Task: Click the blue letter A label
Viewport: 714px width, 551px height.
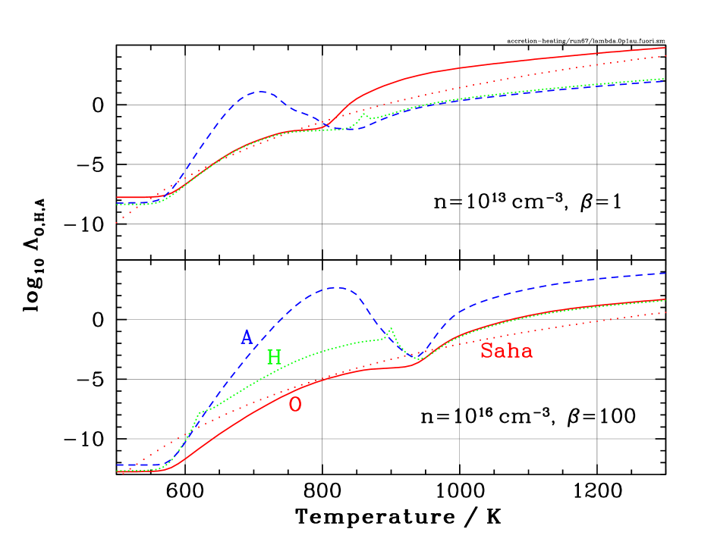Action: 247,337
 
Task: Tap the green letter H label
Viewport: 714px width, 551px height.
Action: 274,358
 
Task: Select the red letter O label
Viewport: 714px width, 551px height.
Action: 295,405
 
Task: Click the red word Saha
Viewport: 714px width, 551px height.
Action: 506,351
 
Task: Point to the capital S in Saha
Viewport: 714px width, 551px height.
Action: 487,351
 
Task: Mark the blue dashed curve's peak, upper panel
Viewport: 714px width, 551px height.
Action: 259,92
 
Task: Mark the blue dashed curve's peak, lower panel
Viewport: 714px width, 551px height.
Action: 336,288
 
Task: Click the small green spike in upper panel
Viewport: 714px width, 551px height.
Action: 363,115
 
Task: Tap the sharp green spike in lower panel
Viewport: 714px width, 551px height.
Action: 390,329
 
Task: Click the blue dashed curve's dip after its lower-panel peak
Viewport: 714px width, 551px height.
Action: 418,356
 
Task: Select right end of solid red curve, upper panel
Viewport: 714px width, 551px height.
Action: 665,48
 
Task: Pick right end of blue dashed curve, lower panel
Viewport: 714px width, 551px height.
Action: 665,273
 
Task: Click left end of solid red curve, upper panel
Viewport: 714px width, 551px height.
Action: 118,197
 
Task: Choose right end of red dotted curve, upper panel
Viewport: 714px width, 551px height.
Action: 665,56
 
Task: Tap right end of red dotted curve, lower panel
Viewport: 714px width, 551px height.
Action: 665,312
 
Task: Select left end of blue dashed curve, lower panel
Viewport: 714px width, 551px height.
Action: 118,465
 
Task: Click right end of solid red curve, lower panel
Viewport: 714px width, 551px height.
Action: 665,299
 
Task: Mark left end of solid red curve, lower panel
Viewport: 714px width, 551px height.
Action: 118,471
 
